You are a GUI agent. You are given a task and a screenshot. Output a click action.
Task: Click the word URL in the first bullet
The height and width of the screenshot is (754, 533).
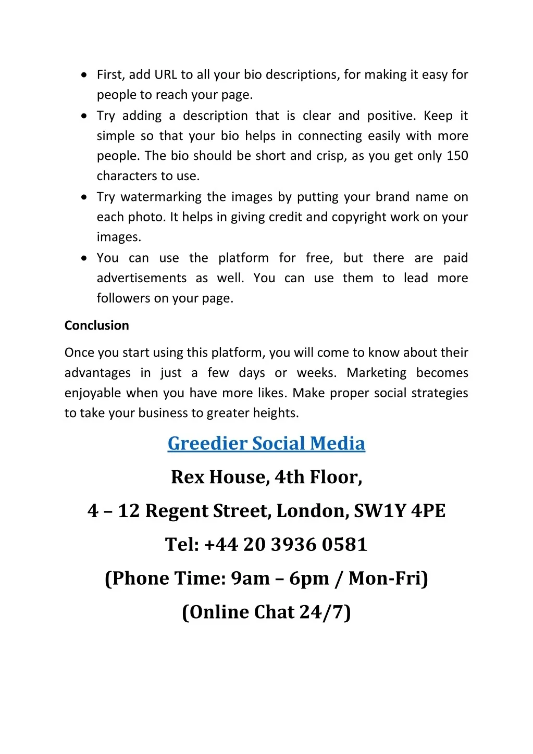click(x=166, y=75)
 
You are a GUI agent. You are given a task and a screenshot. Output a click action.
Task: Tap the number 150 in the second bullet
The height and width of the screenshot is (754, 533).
click(x=457, y=156)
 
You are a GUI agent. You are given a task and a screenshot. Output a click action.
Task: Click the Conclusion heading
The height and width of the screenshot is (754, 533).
click(x=96, y=325)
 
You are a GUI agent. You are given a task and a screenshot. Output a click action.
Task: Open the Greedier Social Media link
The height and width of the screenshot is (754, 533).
click(x=266, y=443)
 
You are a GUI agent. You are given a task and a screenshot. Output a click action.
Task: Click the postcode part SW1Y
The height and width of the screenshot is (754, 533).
click(x=379, y=511)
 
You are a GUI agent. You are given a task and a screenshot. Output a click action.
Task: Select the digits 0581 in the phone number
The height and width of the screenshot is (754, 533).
click(x=344, y=545)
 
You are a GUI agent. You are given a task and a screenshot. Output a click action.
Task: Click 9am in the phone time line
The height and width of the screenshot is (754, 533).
click(x=250, y=579)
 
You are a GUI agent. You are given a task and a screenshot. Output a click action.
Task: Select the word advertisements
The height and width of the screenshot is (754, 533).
click(x=141, y=278)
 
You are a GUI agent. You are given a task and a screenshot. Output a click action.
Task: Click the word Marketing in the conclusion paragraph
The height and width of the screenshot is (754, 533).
click(x=376, y=373)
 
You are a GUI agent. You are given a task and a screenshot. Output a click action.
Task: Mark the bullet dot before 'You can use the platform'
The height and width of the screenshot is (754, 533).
click(x=84, y=258)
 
